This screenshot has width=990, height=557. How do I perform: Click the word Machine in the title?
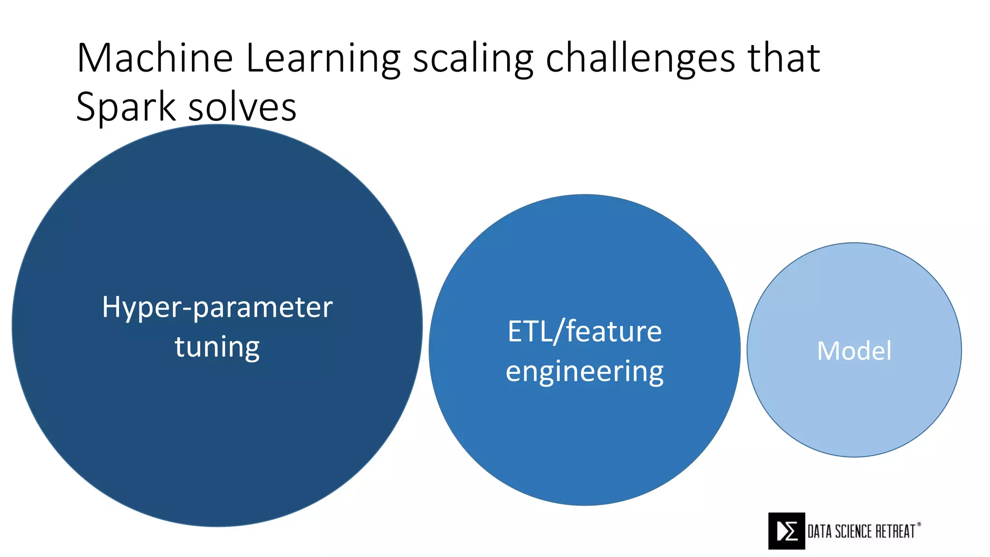155,59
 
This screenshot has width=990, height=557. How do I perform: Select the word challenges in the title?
640,59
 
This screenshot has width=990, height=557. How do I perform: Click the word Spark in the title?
126,107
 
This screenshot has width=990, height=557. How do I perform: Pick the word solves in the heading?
242,107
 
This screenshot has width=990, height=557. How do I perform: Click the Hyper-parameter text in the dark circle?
217,308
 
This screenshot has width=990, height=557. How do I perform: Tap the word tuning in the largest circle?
217,347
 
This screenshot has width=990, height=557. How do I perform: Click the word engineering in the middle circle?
584,372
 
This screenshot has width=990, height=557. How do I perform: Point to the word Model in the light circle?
854,351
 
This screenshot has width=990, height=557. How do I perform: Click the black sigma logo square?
786,531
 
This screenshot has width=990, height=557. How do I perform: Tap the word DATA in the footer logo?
820,532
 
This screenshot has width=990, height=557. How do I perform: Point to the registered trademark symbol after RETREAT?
919,524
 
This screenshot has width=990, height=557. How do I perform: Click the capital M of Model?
827,351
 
